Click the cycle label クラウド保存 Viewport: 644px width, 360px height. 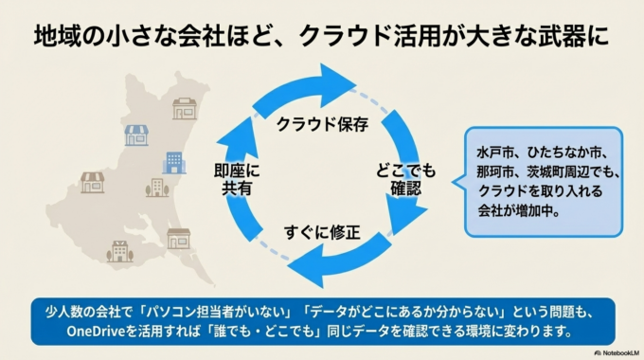point(322,124)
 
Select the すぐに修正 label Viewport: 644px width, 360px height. point(322,231)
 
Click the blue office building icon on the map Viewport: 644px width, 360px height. point(174,163)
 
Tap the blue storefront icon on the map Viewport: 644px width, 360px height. point(136,135)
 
